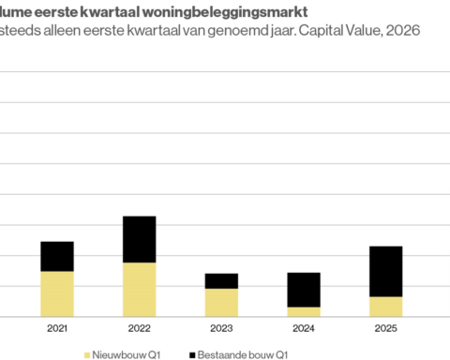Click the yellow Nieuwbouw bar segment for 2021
[57, 293]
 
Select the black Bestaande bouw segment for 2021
[57, 256]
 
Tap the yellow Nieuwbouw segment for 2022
[139, 289]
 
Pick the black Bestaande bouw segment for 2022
[139, 239]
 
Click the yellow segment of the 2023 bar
[221, 302]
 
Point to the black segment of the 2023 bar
[221, 280]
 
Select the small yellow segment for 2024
[303, 311]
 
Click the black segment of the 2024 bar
[303, 290]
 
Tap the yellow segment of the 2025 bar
[385, 307]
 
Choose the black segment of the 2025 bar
[385, 271]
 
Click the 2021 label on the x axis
[57, 328]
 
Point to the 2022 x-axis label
[139, 328]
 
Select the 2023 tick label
[221, 328]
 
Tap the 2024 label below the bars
[303, 328]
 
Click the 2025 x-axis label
[385, 328]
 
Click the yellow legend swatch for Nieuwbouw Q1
[88, 355]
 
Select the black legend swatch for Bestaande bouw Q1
[191, 355]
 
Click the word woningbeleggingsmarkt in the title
[234, 11]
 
